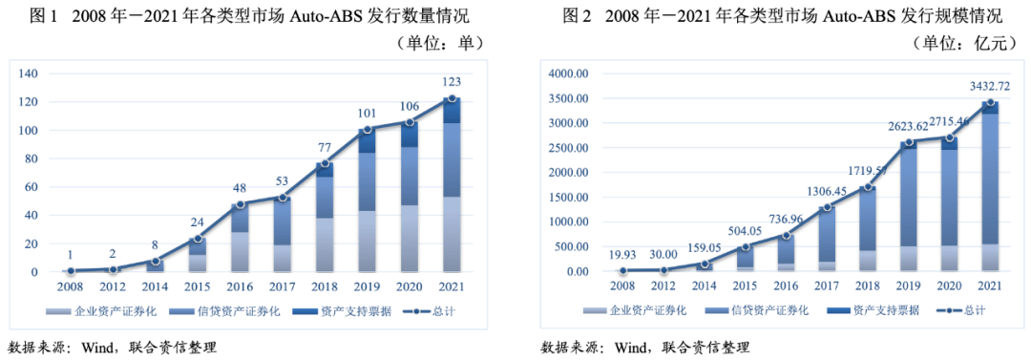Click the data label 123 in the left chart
(x=451, y=83)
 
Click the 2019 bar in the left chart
(x=367, y=201)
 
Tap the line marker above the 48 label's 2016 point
(x=241, y=203)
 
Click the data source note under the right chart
(x=645, y=346)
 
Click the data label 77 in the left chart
(x=325, y=147)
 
